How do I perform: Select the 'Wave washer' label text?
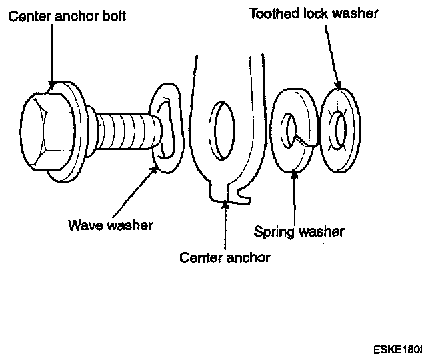(110, 224)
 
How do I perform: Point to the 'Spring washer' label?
(299, 232)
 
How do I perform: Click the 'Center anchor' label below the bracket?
(225, 257)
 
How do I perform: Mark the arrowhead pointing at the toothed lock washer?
(339, 85)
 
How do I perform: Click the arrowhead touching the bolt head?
(51, 84)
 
